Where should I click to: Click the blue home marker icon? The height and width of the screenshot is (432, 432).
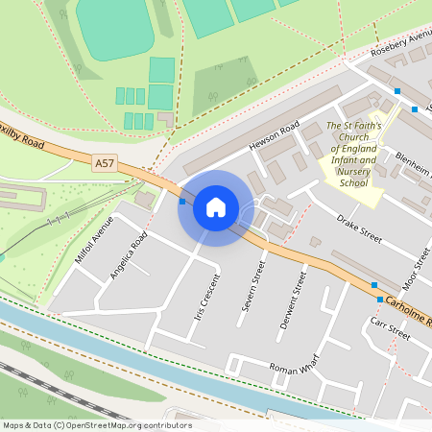215,207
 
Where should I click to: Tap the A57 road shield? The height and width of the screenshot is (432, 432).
105,164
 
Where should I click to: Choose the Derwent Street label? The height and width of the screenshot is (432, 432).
293,300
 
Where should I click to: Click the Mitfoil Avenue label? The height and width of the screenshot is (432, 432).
93,240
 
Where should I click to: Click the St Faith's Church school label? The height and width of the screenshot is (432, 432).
353,154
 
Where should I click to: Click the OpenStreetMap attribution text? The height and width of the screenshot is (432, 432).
97,425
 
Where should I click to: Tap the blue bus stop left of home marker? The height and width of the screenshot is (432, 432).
182,202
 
